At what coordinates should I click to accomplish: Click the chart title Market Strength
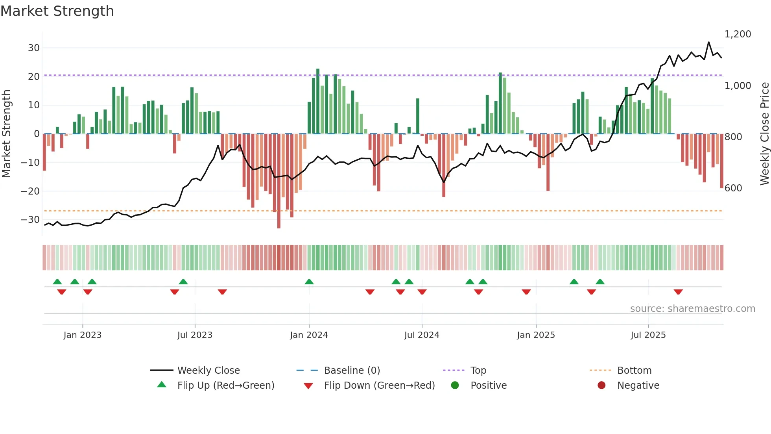coord(57,11)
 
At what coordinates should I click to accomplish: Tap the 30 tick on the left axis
coord(33,48)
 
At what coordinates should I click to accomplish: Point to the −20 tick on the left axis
coord(30,191)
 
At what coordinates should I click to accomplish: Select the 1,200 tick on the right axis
coord(738,34)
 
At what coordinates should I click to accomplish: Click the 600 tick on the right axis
coord(733,188)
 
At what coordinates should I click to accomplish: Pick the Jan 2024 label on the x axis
coord(309,335)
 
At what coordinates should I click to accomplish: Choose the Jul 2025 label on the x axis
coord(648,335)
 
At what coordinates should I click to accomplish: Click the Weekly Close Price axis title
coord(764,134)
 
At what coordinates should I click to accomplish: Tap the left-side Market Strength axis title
coord(6,134)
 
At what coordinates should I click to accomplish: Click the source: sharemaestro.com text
coord(692,309)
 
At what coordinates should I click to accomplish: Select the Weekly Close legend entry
coord(208,371)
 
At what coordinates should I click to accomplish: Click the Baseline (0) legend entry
coord(352,371)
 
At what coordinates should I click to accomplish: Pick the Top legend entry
coord(478,371)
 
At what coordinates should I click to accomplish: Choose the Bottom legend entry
coord(634,371)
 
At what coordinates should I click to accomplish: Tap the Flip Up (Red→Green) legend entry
coord(225,386)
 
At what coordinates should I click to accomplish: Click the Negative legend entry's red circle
coord(601,385)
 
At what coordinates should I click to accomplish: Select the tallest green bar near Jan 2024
coord(318,101)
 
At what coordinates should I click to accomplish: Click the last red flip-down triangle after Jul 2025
coord(678,292)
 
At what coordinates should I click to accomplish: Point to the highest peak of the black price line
coord(708,42)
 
